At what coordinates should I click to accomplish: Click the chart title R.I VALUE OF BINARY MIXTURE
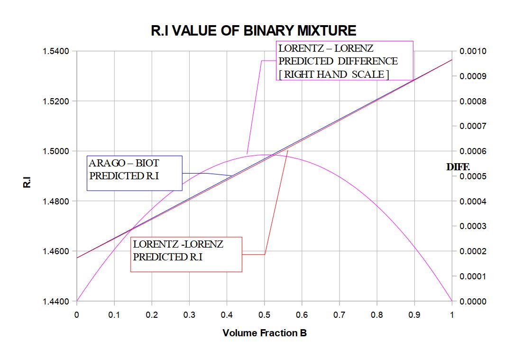[253, 31]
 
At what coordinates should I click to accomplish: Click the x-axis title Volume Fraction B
[265, 333]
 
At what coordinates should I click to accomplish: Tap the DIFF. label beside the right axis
[458, 167]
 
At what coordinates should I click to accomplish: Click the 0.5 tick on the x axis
[264, 314]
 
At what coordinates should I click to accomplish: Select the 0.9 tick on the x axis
[414, 314]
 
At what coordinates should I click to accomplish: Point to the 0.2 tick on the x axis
[152, 314]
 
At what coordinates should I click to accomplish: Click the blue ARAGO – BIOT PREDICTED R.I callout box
[134, 173]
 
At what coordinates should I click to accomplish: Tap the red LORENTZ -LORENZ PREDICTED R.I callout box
[186, 254]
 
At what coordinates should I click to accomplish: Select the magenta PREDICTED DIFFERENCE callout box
[344, 61]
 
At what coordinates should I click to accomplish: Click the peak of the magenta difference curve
[264, 155]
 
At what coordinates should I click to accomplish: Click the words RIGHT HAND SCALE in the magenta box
[336, 74]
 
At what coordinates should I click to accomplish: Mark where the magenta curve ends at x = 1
[452, 301]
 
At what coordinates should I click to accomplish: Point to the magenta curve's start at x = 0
[77, 301]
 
